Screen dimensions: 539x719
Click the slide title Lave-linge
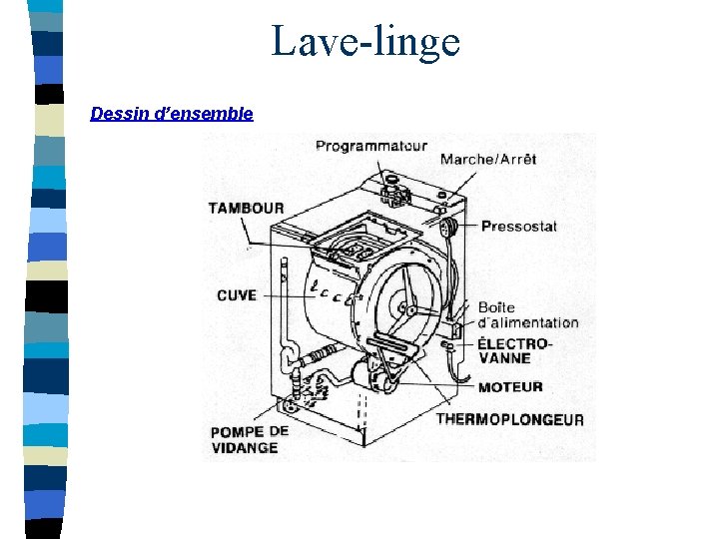point(365,42)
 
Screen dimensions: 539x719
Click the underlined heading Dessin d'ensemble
point(172,114)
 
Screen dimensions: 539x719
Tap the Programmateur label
point(370,146)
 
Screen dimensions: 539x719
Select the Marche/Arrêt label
point(488,159)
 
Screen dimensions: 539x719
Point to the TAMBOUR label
point(246,208)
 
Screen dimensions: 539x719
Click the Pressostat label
point(518,227)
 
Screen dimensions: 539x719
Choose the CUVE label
point(237,294)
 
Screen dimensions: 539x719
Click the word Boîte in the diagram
point(495,307)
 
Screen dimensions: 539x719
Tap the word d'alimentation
point(528,322)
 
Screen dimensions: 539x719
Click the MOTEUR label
point(510,387)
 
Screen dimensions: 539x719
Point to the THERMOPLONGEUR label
point(509,419)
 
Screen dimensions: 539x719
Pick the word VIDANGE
point(244,448)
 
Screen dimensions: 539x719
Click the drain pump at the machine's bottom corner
point(292,404)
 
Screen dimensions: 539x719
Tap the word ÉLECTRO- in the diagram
point(514,343)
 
